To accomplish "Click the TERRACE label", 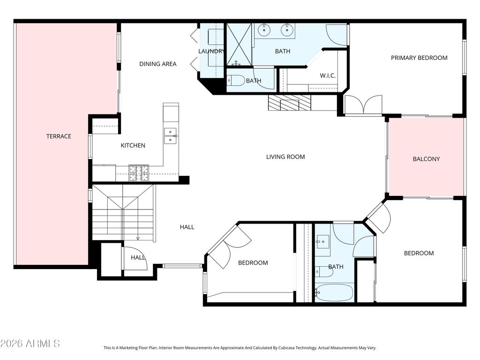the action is (59, 136).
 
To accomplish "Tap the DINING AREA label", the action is (157, 64).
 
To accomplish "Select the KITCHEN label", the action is (133, 145).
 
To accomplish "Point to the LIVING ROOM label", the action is (285, 157).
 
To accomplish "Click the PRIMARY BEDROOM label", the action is (419, 58).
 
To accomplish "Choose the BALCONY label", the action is (426, 159).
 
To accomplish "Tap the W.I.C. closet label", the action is (328, 75).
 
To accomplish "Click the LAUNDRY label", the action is (211, 51).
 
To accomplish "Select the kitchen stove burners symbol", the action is (139, 173).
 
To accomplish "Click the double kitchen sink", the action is (170, 136).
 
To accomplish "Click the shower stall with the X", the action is (239, 44).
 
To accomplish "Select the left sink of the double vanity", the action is (263, 30).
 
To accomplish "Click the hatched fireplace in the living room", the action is (289, 103).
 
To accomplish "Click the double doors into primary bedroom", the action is (363, 105).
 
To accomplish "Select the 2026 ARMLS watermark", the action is (30, 344).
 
